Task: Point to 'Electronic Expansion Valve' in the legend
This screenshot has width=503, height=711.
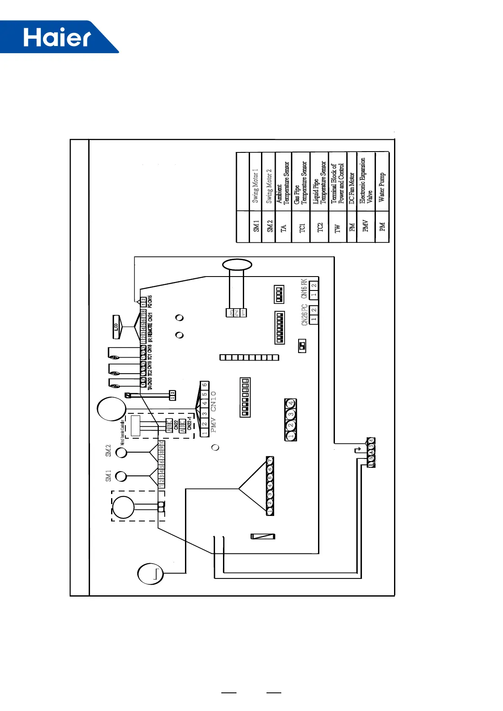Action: click(x=366, y=181)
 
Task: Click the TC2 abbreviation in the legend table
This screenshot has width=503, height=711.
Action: click(x=320, y=227)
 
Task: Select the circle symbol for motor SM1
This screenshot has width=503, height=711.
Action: click(x=121, y=476)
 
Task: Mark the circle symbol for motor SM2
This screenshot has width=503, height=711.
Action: click(x=121, y=453)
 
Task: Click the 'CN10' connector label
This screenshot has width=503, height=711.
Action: click(x=214, y=401)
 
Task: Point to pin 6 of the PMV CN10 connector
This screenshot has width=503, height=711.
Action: click(x=204, y=385)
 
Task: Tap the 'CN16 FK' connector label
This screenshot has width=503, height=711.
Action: click(x=304, y=289)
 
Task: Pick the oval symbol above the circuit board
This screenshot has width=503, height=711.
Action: click(x=237, y=265)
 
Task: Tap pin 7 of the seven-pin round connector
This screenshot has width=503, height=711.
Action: click(x=270, y=460)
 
